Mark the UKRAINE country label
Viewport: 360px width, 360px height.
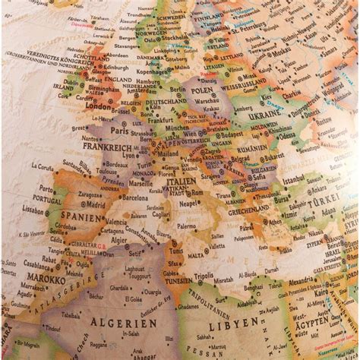click(265, 114)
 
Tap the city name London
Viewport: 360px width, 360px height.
click(98, 106)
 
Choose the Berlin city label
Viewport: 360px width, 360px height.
click(177, 89)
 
